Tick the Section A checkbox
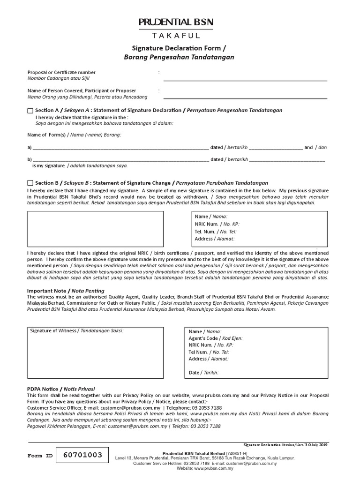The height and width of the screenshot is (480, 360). pos(30,110)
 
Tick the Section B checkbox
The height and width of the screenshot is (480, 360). pos(30,183)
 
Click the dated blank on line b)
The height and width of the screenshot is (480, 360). pos(287,160)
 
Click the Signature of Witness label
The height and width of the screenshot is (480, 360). pos(76,330)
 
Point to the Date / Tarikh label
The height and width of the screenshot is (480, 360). pos(203,373)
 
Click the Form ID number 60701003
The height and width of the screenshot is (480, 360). pos(82,455)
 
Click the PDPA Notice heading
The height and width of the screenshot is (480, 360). pos(61,389)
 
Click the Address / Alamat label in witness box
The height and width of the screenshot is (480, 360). pos(209,359)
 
